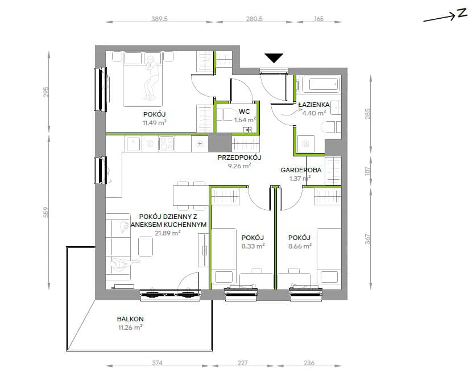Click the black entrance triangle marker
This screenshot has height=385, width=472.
pyautogui.click(x=274, y=58)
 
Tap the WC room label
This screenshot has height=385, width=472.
pyautogui.click(x=244, y=111)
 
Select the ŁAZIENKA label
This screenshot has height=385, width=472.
pyautogui.click(x=314, y=105)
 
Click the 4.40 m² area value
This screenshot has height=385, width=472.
pyautogui.click(x=314, y=113)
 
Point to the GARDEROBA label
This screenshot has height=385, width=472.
pyautogui.click(x=301, y=170)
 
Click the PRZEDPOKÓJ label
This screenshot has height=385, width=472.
pyautogui.click(x=239, y=158)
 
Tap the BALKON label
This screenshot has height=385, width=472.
pyautogui.click(x=130, y=319)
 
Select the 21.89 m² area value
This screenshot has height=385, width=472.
pyautogui.click(x=168, y=233)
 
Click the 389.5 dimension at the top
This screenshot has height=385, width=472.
pyautogui.click(x=159, y=19)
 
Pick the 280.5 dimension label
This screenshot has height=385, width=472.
pyautogui.click(x=254, y=19)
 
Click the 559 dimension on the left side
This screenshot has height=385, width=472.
pyautogui.click(x=45, y=212)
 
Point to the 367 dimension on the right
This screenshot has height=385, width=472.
pyautogui.click(x=367, y=239)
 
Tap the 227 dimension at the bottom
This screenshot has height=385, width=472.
pyautogui.click(x=243, y=363)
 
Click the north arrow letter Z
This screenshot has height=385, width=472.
pyautogui.click(x=462, y=14)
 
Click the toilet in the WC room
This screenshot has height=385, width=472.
pyautogui.click(x=227, y=115)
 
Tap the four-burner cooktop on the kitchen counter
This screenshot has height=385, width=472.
pyautogui.click(x=166, y=143)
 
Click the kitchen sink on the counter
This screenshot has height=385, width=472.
pyautogui.click(x=133, y=144)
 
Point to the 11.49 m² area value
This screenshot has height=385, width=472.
pyautogui.click(x=155, y=122)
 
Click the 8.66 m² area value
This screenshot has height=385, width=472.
pyautogui.click(x=300, y=246)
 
